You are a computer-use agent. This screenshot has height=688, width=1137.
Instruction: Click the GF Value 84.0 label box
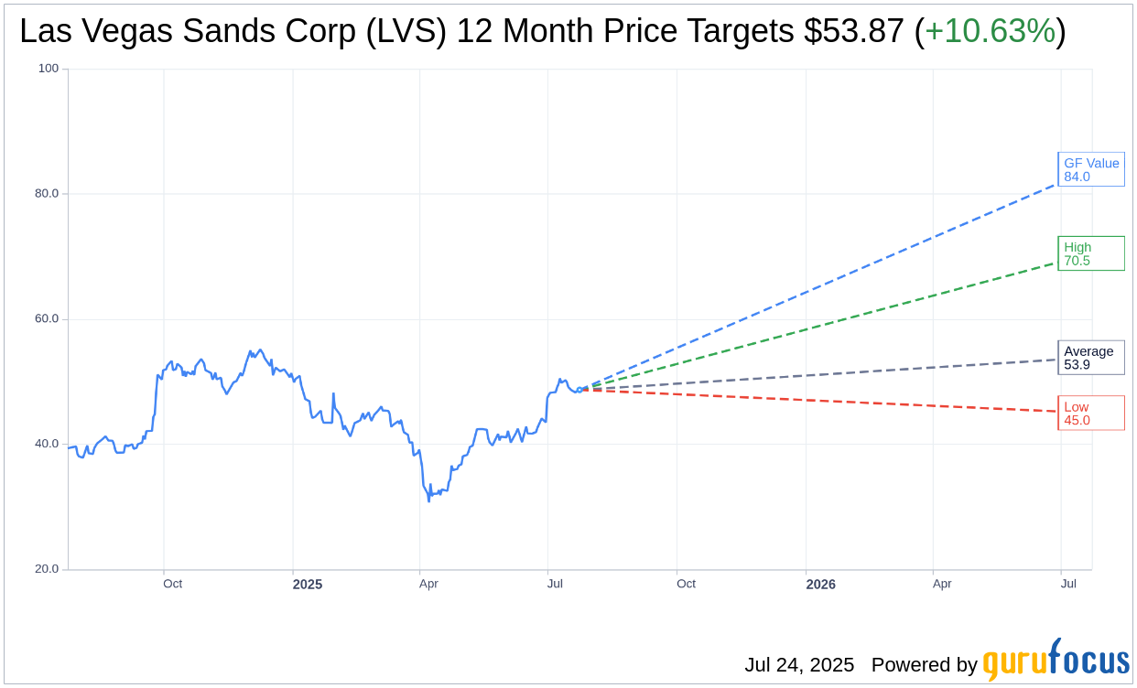(x=1090, y=169)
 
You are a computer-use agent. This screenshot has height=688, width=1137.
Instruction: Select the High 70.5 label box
(x=1090, y=253)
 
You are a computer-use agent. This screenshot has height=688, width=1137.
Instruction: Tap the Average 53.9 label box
(x=1090, y=358)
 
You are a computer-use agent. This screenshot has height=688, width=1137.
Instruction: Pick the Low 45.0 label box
(x=1090, y=414)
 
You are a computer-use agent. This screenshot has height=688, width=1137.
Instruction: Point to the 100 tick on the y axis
(x=48, y=69)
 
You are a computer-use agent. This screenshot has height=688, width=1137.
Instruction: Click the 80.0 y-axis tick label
(x=47, y=194)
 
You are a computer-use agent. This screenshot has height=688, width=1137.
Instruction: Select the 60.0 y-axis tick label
(x=47, y=319)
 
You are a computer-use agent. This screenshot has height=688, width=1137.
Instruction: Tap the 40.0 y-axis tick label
(x=47, y=445)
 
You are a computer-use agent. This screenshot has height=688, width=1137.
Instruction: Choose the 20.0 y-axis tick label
(x=47, y=569)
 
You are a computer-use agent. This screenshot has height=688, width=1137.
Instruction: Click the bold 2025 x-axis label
(x=308, y=585)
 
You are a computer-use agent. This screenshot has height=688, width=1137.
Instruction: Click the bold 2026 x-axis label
(x=820, y=585)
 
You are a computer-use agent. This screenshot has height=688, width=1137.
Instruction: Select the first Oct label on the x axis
(x=172, y=584)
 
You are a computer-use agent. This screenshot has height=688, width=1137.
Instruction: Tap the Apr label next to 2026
(x=942, y=584)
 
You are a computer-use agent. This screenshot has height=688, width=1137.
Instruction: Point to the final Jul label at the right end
(x=1067, y=584)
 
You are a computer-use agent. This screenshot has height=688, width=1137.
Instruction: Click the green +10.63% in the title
(x=990, y=32)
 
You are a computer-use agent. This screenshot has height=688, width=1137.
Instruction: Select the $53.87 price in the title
(x=854, y=32)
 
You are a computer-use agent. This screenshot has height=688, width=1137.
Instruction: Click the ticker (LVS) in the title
(x=406, y=32)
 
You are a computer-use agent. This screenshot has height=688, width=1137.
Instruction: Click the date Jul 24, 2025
(x=798, y=665)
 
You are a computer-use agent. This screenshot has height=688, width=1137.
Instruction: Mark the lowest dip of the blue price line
(x=428, y=500)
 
